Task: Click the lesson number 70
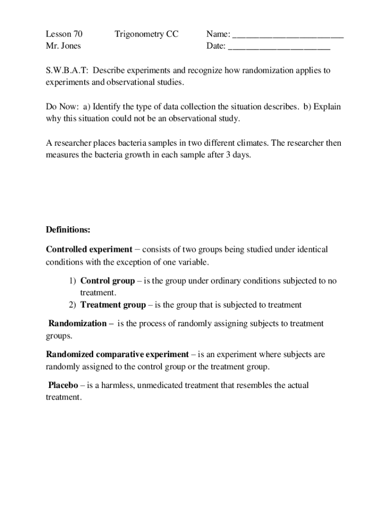(x=77, y=34)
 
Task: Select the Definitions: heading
(x=68, y=230)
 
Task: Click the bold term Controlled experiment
(x=89, y=249)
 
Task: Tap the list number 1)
(x=72, y=281)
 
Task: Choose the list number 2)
(x=72, y=305)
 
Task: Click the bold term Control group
(x=107, y=281)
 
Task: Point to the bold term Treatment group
(x=113, y=305)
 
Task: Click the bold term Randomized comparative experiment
(x=118, y=355)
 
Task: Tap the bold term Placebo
(x=63, y=385)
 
